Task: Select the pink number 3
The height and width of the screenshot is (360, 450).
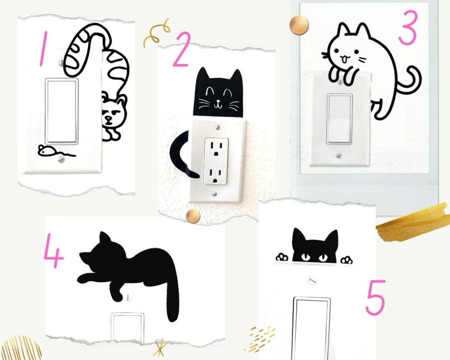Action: [x=407, y=27]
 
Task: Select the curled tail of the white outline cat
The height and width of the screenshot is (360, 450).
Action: [x=410, y=81]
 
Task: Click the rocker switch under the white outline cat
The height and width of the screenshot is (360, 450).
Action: [x=339, y=119]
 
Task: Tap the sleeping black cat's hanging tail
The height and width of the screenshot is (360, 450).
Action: [x=172, y=292]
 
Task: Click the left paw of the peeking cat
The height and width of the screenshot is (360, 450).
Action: [x=282, y=257]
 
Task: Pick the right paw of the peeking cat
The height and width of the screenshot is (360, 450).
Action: [x=346, y=260]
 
